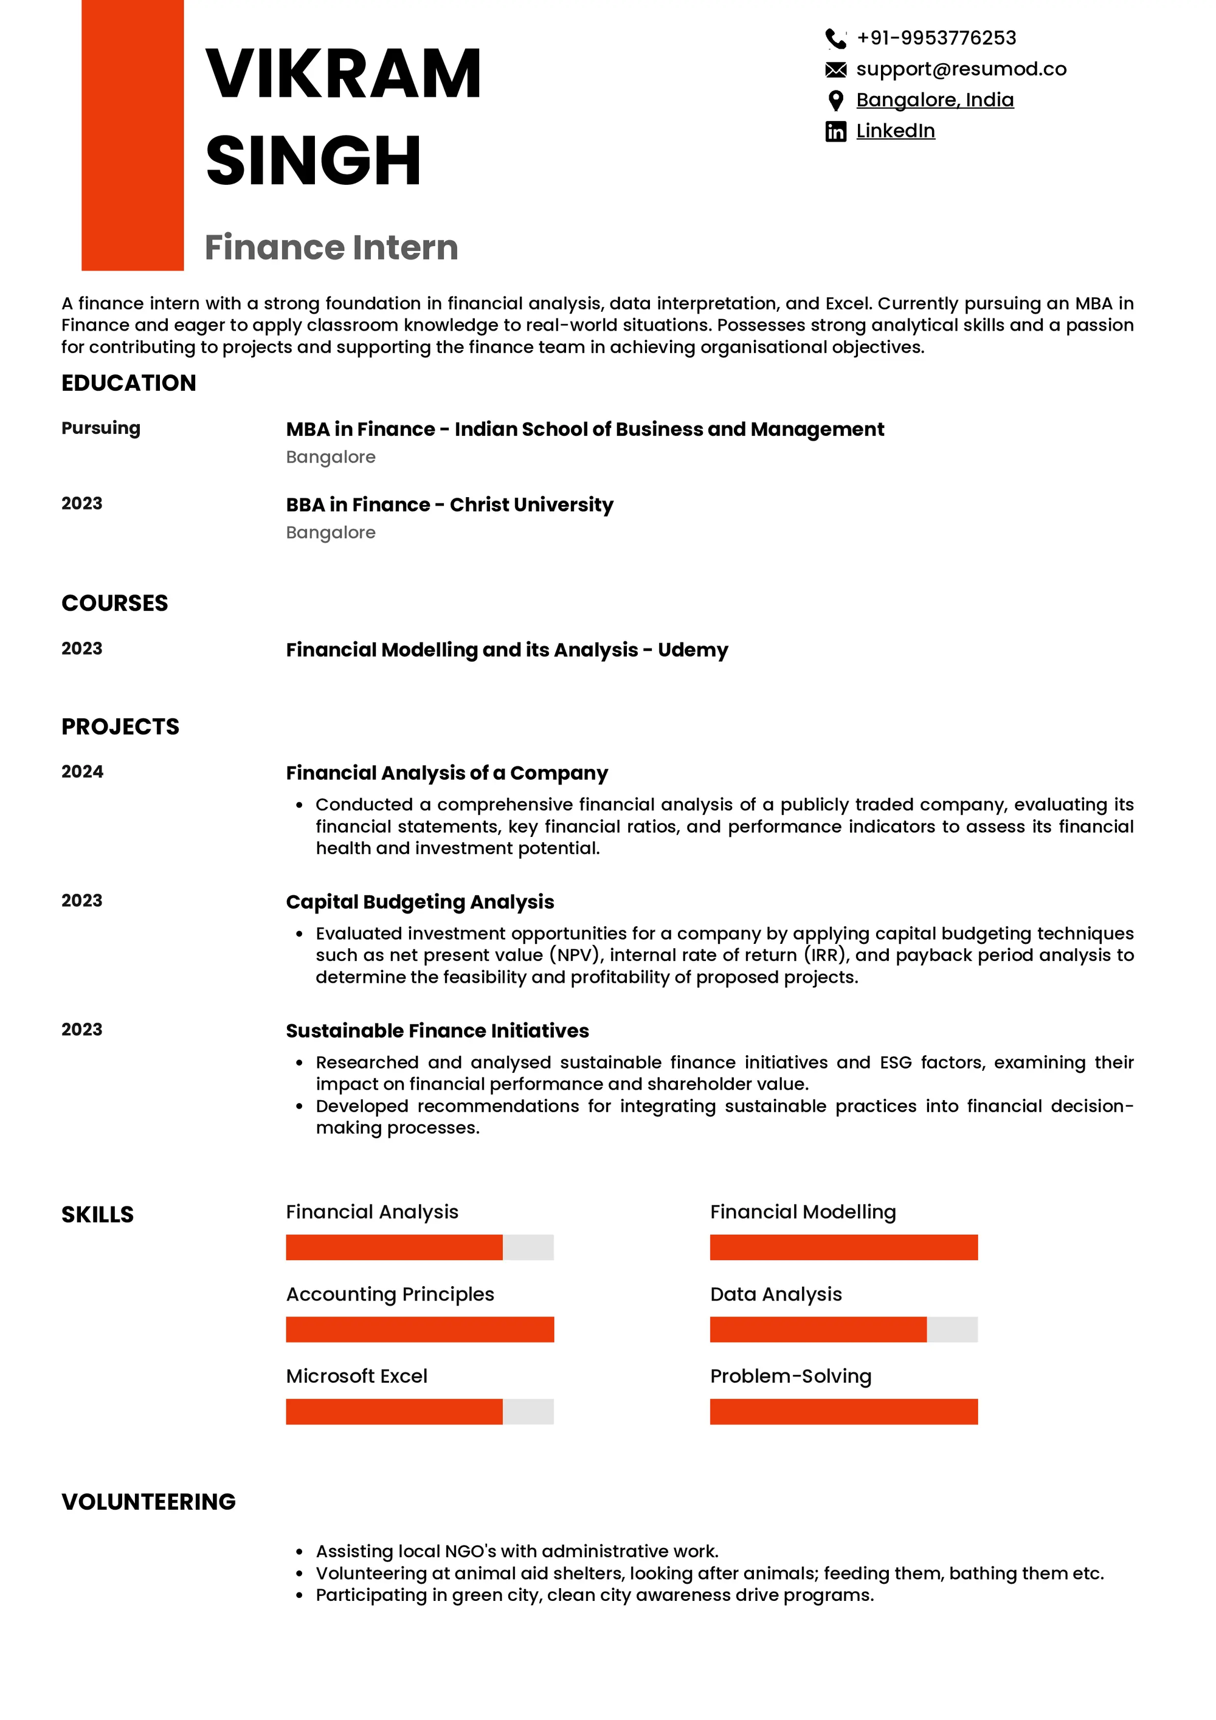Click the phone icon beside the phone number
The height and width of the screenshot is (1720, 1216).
[x=835, y=38]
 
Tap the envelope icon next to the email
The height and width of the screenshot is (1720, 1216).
[x=835, y=70]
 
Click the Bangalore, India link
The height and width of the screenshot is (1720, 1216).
[x=934, y=100]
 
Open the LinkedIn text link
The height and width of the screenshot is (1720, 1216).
[x=896, y=131]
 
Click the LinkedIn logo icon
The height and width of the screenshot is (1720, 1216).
[x=835, y=132]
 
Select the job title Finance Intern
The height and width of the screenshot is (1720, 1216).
[x=331, y=247]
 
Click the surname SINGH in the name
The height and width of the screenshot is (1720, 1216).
[x=313, y=161]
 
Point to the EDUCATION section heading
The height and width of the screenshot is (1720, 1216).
[x=129, y=383]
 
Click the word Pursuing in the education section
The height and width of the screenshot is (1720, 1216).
[x=101, y=428]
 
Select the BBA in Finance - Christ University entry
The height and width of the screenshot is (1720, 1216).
[x=449, y=505]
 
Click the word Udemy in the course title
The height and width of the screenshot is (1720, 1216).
[x=693, y=650]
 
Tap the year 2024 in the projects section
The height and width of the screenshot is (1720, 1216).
[x=83, y=772]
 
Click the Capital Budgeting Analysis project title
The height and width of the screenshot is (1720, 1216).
[x=420, y=902]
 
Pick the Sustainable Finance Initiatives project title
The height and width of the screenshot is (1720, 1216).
[x=438, y=1031]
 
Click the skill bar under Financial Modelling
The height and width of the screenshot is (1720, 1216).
[x=844, y=1247]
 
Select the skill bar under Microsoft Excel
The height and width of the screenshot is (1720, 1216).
[x=420, y=1411]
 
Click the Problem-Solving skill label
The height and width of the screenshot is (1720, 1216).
[x=790, y=1376]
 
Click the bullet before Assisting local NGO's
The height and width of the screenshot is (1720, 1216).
[x=300, y=1552]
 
